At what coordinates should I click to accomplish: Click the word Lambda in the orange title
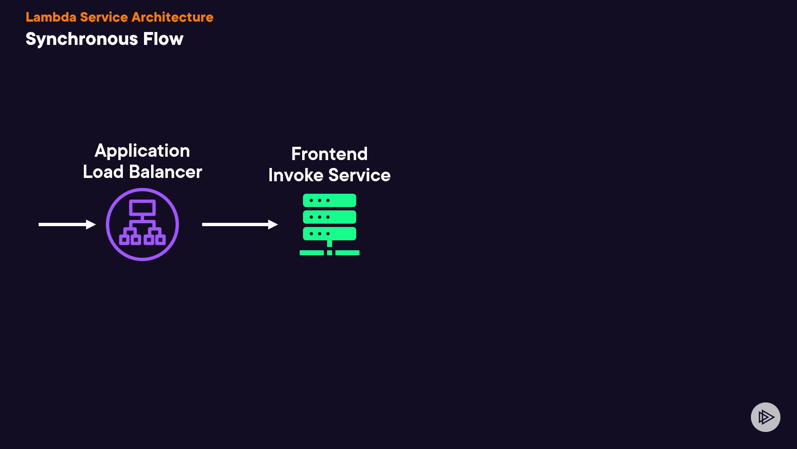click(51, 17)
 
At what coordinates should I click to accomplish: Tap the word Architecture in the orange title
click(172, 17)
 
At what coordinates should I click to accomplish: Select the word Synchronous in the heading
click(82, 39)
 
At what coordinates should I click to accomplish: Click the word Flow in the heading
click(163, 39)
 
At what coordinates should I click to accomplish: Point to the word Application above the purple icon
click(142, 151)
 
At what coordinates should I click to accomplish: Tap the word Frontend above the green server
click(329, 154)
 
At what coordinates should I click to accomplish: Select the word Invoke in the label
click(296, 175)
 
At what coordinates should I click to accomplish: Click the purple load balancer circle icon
click(142, 224)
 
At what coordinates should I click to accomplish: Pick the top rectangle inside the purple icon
click(142, 207)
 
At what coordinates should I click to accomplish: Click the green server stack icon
click(330, 224)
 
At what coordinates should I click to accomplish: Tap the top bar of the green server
click(330, 200)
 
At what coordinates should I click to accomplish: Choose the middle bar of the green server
click(330, 217)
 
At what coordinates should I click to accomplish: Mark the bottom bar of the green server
click(330, 234)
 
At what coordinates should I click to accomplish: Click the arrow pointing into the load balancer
click(67, 224)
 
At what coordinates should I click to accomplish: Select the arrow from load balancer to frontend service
click(240, 224)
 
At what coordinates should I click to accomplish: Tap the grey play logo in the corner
click(765, 417)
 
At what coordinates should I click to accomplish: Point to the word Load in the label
click(103, 172)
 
